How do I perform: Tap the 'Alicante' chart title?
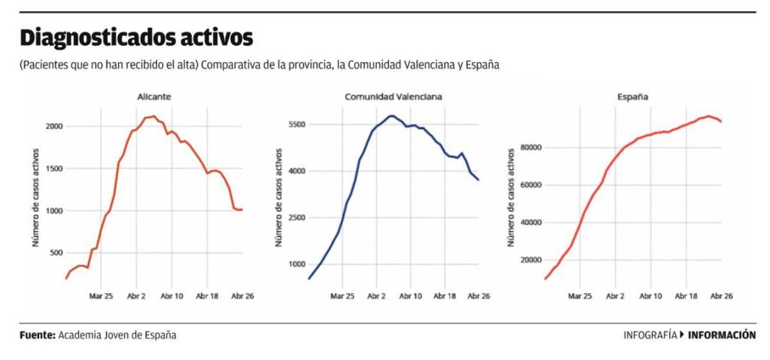tap(154, 97)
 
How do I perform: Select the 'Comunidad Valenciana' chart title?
tap(393, 97)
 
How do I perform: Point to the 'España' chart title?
tap(633, 97)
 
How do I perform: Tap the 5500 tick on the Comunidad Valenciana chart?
tap(296, 124)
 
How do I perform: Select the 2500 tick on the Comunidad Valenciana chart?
tap(296, 218)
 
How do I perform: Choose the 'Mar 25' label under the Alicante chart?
tap(101, 296)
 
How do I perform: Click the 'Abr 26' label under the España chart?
tap(721, 296)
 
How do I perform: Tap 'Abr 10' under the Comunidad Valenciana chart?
tap(411, 296)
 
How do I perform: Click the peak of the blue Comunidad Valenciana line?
tap(390, 116)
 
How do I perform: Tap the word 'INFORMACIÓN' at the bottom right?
tap(722, 335)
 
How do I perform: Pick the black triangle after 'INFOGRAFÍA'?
tap(682, 334)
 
